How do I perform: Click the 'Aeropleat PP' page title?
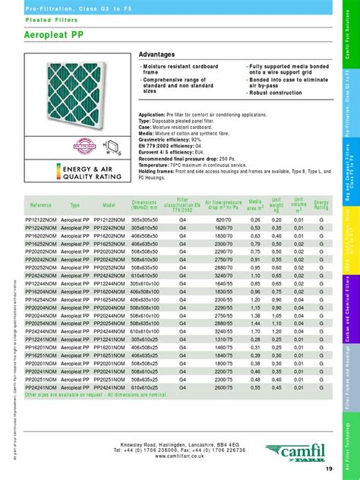point(58,37)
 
